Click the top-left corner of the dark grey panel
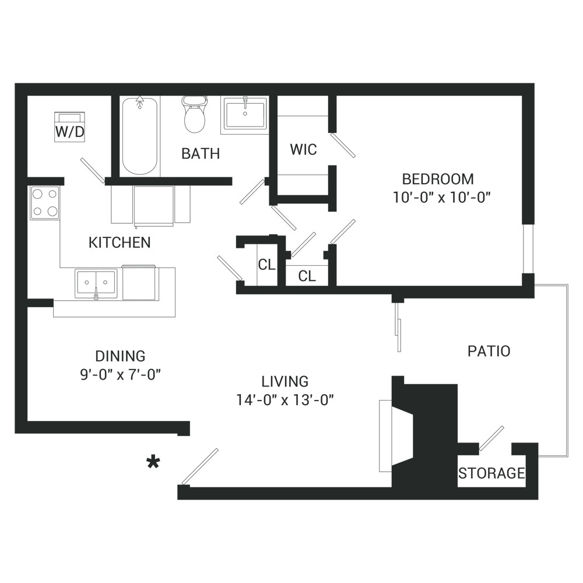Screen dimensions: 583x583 15,83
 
